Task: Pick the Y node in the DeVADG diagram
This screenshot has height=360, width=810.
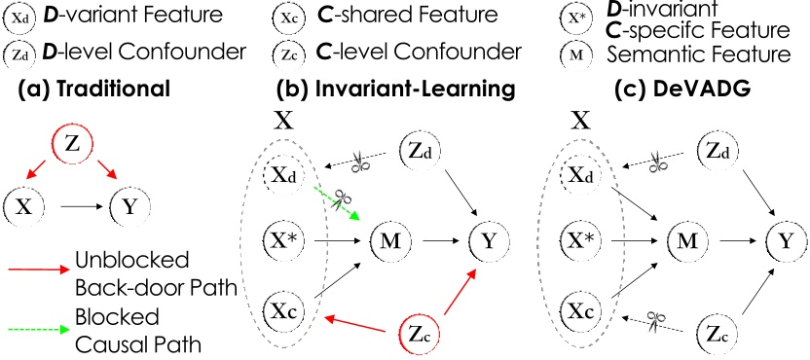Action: tap(785, 236)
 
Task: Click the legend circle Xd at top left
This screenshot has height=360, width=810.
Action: tap(18, 18)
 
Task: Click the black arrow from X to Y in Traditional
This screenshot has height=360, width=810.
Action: tap(81, 207)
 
